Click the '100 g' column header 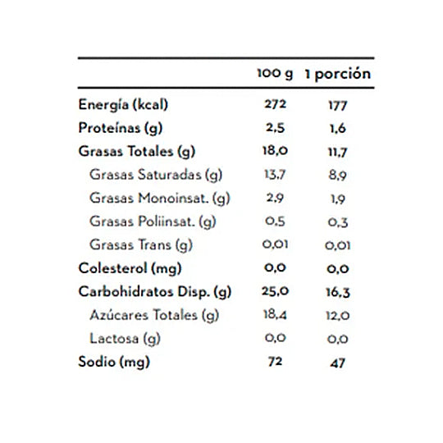[x=275, y=74]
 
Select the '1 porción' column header [x=338, y=74]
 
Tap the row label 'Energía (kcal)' [x=123, y=105]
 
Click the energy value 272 [x=276, y=104]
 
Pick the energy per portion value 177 [x=338, y=106]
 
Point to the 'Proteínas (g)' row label [x=121, y=128]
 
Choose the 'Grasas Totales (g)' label [x=137, y=152]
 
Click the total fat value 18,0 [x=275, y=151]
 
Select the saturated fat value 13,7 [x=275, y=174]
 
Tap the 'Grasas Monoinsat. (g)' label [x=160, y=198]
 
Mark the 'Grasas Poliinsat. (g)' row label [x=153, y=221]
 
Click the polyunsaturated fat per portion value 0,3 [x=338, y=222]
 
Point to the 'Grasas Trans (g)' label [x=141, y=244]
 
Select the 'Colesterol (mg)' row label [x=130, y=268]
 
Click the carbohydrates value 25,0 [x=275, y=291]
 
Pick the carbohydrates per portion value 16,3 [x=338, y=292]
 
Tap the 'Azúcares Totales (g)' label [x=154, y=315]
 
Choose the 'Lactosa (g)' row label [x=125, y=339]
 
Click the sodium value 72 [x=275, y=362]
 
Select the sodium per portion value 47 [x=338, y=363]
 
